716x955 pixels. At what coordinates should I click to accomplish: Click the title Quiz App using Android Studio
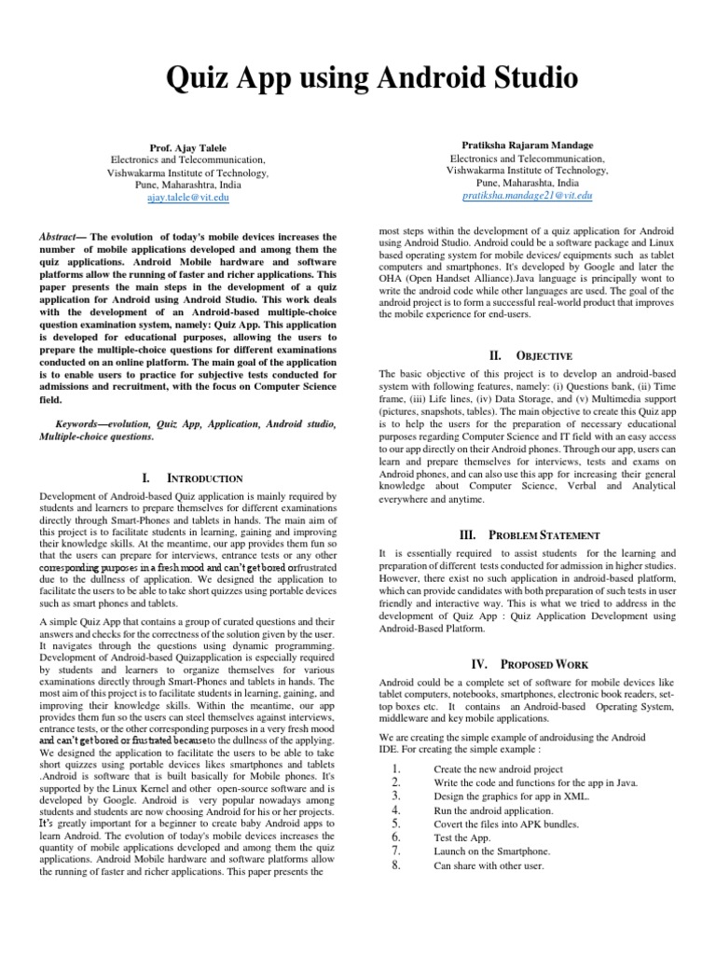tap(357, 76)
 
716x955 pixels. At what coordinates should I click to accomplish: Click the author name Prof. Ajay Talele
tap(188, 147)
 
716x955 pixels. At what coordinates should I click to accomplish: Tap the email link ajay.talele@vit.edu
tap(188, 198)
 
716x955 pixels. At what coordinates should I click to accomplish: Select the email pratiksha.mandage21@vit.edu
tap(527, 196)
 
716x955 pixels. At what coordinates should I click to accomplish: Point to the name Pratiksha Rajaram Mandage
tap(527, 146)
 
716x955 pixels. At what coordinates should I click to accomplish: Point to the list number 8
tap(396, 865)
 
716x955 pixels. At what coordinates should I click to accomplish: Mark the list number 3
tap(396, 796)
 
